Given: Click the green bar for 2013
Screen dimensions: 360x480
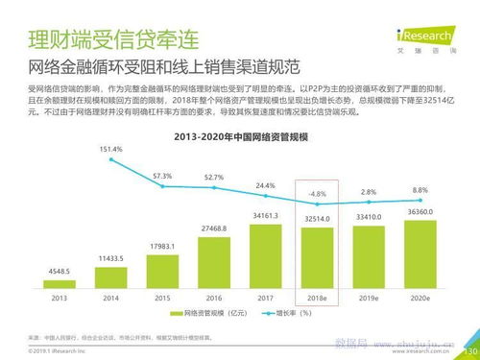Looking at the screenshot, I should click(60, 284).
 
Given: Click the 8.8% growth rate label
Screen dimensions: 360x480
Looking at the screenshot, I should click(420, 190).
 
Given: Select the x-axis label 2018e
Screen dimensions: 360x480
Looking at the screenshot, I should click(316, 299).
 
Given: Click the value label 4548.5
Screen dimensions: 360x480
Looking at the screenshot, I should click(60, 272).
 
